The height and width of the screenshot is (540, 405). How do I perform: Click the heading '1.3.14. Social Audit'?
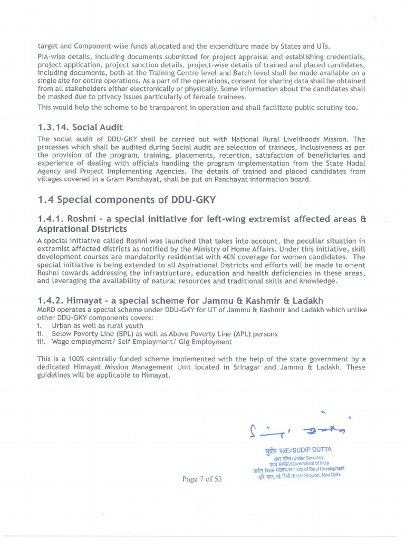pyautogui.click(x=80, y=127)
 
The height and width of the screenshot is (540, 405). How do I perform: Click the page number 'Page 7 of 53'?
pyautogui.click(x=202, y=479)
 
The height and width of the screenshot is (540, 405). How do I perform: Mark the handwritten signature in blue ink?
pyautogui.click(x=297, y=429)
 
